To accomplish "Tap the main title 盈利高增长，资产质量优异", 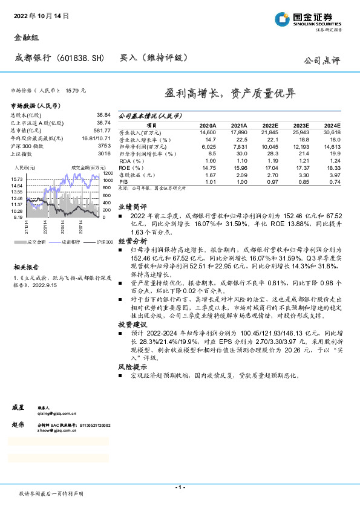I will [x=231, y=94].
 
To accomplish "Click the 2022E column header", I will [x=269, y=125].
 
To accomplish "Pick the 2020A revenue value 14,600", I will [x=208, y=132].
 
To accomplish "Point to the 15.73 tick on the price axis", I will [x=18, y=180].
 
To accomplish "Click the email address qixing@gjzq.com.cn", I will [x=57, y=413].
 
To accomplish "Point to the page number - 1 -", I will [x=180, y=487].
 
